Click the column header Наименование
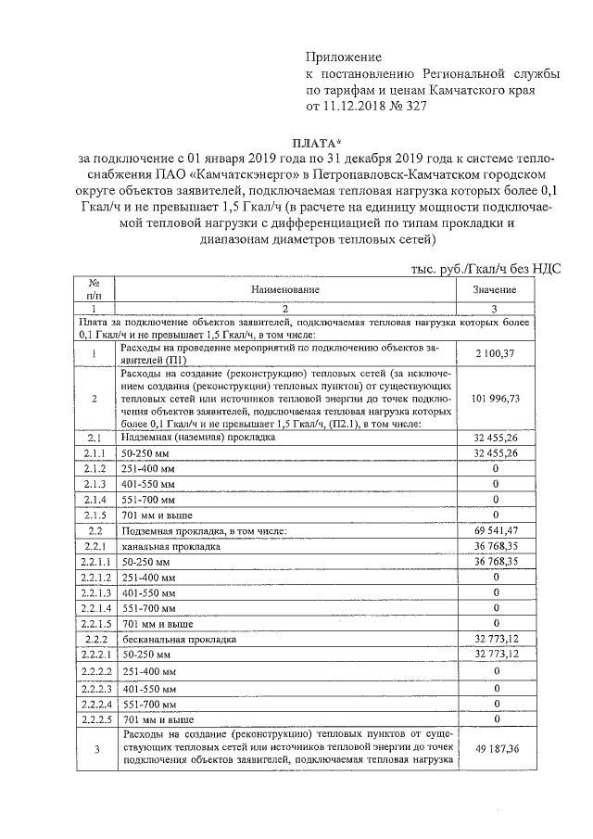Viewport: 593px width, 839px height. pos(286,289)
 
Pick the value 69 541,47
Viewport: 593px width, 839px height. pos(495,530)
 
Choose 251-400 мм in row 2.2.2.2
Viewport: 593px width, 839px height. pos(149,671)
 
